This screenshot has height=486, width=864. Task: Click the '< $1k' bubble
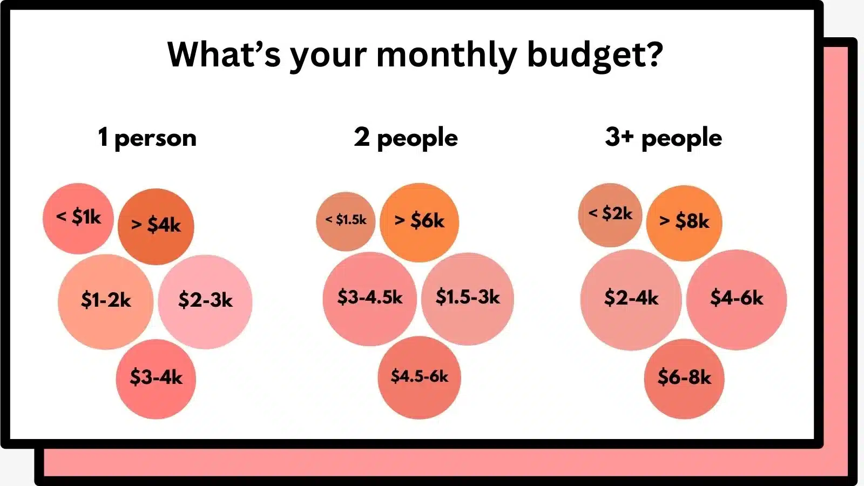click(78, 218)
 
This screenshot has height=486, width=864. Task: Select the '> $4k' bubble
click(156, 226)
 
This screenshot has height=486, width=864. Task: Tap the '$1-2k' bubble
click(106, 301)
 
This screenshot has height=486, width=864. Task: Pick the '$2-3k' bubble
click(205, 301)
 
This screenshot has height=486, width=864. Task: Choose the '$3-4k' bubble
click(156, 378)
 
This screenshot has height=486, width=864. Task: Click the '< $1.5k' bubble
click(346, 221)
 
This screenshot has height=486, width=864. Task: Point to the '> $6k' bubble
click(419, 221)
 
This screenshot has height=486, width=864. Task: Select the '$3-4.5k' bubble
click(370, 298)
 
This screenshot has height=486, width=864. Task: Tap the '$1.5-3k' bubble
click(468, 298)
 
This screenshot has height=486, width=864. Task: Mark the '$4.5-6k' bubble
click(420, 377)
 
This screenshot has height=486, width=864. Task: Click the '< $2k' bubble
click(610, 214)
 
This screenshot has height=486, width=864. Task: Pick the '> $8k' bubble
click(684, 222)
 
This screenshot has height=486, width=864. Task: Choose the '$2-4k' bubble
click(631, 299)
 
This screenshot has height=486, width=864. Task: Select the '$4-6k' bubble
click(737, 299)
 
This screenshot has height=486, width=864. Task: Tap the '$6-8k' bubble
click(684, 378)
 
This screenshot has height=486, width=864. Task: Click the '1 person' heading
click(147, 138)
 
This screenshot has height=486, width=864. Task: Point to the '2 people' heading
click(406, 138)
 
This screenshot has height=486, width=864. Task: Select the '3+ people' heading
click(663, 138)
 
